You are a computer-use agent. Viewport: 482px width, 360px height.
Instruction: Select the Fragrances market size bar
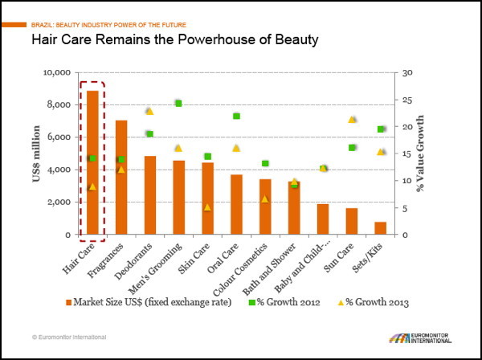[x=121, y=178]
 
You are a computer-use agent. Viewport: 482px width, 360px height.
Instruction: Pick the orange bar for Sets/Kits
[x=380, y=228]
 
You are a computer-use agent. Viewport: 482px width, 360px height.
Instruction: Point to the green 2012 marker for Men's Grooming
[x=178, y=103]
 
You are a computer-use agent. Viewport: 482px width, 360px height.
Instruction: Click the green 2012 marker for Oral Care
[x=236, y=116]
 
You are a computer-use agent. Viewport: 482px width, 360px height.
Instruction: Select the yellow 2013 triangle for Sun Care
[x=352, y=120]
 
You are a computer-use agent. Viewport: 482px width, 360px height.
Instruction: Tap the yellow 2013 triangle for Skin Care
[x=207, y=207]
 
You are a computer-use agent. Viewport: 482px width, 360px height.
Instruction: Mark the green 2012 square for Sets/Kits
[x=381, y=129]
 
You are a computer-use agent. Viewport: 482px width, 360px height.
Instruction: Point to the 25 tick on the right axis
[x=409, y=100]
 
